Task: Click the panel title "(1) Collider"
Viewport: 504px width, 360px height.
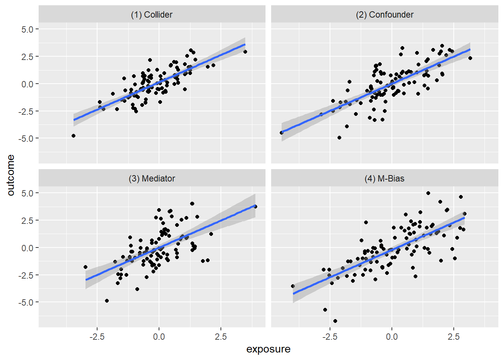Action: [151, 15]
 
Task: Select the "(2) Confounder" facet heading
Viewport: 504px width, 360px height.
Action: [384, 15]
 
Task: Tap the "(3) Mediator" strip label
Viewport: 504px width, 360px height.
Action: [151, 178]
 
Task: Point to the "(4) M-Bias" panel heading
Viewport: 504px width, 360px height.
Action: [384, 178]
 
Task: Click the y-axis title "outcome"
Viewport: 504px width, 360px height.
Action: [10, 175]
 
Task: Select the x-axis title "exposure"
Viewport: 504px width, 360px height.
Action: [268, 349]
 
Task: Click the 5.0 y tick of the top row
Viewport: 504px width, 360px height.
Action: [27, 29]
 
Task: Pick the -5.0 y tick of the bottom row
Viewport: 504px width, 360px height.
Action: [25, 302]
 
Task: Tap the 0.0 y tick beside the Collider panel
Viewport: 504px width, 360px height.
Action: [27, 84]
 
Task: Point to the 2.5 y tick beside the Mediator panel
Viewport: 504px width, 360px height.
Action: [27, 220]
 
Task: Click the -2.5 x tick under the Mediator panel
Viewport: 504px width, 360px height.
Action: [97, 336]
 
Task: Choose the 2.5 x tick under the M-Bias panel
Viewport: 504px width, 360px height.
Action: [453, 336]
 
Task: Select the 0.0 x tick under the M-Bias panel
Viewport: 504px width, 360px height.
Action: [391, 336]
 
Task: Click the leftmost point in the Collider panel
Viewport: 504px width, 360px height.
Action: [73, 136]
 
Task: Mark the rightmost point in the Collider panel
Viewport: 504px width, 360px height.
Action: [245, 52]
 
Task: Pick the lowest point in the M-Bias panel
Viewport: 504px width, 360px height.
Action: [335, 321]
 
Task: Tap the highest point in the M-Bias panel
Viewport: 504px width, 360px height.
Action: [428, 193]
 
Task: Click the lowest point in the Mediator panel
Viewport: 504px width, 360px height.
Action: [107, 301]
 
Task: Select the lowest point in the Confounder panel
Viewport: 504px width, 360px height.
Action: [339, 138]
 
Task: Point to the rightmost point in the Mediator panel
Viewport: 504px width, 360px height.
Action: [255, 207]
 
